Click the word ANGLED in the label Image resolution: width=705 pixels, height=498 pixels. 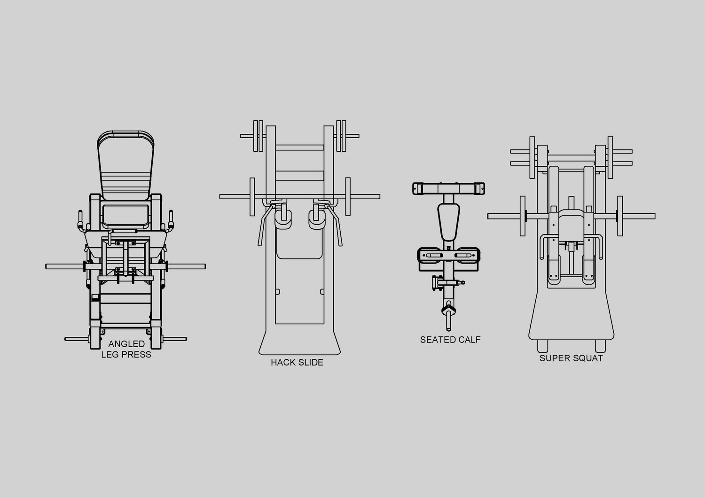click(x=126, y=344)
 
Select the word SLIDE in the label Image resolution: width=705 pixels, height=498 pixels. click(x=310, y=362)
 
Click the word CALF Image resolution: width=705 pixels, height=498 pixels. click(x=469, y=340)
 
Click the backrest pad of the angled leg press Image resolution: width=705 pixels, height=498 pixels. click(x=125, y=165)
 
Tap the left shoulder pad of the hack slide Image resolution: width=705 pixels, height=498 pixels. click(x=283, y=219)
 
